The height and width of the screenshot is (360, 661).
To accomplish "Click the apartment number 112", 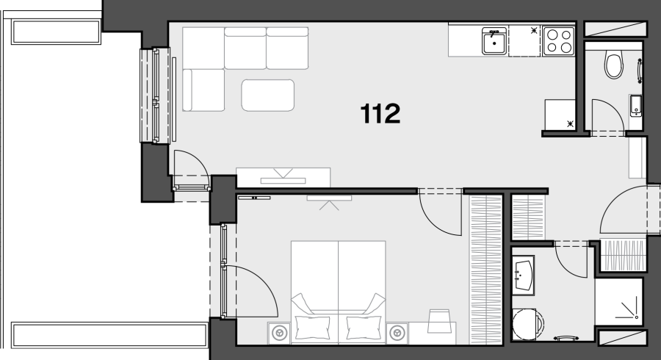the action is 380,114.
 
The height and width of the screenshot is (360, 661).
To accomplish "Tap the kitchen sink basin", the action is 494,41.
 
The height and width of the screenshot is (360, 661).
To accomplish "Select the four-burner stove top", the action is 559,41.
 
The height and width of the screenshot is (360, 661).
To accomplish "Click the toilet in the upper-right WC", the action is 614,65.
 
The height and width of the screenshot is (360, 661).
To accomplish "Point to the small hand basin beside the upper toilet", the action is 636,106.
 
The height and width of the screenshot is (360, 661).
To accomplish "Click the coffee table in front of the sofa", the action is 267,96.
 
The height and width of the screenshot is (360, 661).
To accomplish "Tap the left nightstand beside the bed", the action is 278,334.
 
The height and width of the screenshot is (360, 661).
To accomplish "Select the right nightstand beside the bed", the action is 397,334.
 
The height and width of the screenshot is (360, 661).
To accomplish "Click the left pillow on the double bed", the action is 312,327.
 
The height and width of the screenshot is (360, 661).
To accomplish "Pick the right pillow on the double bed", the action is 364,327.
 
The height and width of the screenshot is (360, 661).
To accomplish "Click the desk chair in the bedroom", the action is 439,321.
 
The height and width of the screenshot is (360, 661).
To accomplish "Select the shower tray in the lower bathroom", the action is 619,301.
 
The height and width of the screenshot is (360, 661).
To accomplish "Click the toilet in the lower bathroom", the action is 527,324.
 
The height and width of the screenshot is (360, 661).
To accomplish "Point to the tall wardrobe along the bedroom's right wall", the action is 485,270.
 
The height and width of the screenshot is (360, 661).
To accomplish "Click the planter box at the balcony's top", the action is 56,32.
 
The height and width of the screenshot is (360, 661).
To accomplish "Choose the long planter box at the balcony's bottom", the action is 109,335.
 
